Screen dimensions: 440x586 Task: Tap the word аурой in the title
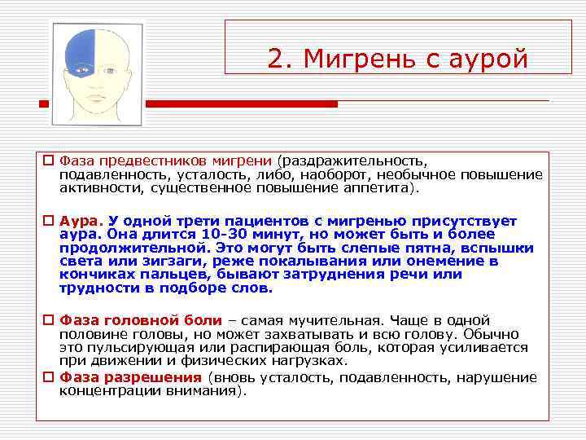[487, 59]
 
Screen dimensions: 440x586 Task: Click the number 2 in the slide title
[275, 59]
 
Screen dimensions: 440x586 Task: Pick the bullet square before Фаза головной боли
[49, 321]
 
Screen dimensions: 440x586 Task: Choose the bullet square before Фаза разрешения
[49, 377]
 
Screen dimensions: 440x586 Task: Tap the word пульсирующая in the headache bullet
[129, 348]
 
